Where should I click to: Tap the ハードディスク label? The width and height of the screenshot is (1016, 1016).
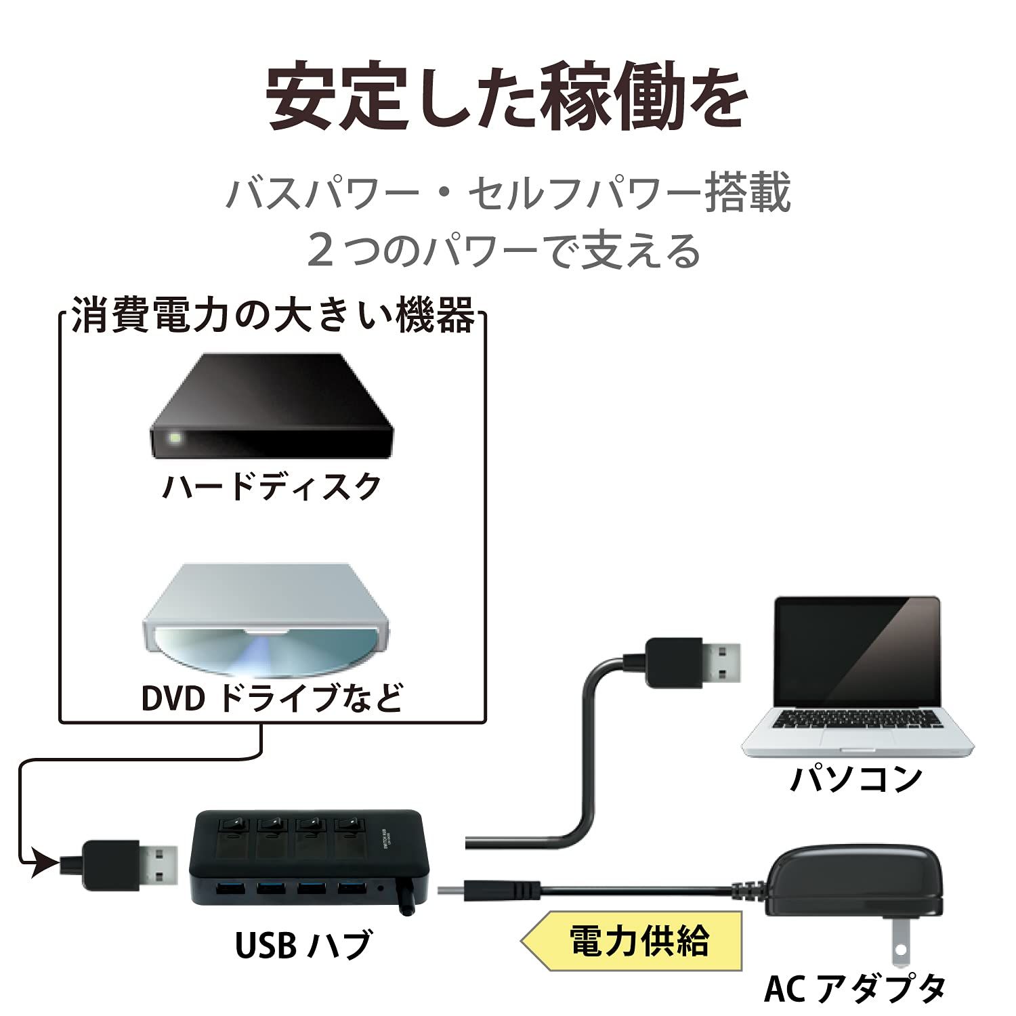272,486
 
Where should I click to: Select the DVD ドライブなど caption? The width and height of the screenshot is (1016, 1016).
272,698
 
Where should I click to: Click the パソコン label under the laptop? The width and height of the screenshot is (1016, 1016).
856,778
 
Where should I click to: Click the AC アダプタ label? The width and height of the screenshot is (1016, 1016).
855,988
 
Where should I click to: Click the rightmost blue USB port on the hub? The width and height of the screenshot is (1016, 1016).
351,888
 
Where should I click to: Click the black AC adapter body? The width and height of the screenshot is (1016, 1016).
857,879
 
